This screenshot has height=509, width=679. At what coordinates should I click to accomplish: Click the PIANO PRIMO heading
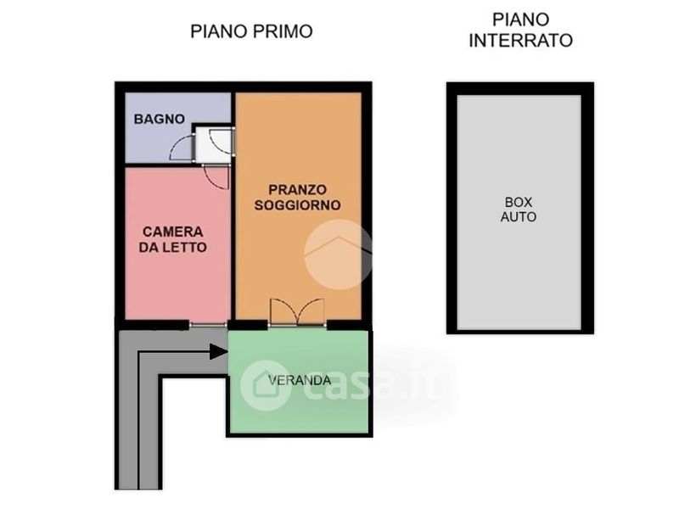pyautogui.click(x=251, y=31)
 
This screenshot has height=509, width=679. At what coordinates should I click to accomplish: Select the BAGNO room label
pyautogui.click(x=160, y=119)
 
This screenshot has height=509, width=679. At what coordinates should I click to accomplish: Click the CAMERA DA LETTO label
pyautogui.click(x=173, y=239)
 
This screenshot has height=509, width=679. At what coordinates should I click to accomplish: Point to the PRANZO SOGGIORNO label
pyautogui.click(x=298, y=198)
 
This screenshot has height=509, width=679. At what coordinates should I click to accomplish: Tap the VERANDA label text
pyautogui.click(x=300, y=380)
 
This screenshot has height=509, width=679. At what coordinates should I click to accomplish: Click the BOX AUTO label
pyautogui.click(x=519, y=209)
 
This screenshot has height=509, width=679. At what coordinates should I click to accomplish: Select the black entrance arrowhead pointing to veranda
pyautogui.click(x=219, y=351)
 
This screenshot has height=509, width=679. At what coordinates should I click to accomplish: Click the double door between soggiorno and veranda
pyautogui.click(x=297, y=311)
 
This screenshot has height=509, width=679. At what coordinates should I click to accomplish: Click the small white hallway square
pyautogui.click(x=213, y=144)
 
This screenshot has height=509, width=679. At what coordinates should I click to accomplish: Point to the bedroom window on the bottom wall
pyautogui.click(x=208, y=325)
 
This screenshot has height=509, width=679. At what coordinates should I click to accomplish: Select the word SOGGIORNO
pyautogui.click(x=298, y=204)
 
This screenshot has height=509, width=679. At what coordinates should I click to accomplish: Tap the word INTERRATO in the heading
pyautogui.click(x=520, y=40)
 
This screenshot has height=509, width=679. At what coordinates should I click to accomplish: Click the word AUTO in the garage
pyautogui.click(x=519, y=216)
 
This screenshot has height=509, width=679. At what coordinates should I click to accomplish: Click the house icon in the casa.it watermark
pyautogui.click(x=266, y=386)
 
